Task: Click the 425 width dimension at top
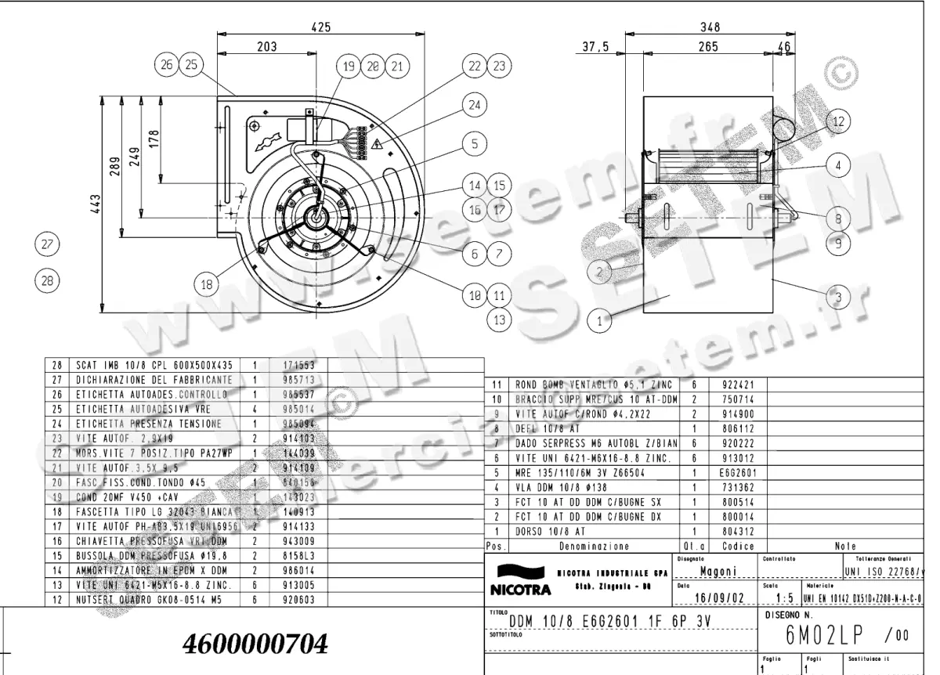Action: click(x=320, y=27)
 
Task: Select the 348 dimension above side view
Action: click(x=710, y=27)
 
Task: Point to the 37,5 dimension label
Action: click(x=596, y=47)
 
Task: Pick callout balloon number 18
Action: click(x=207, y=285)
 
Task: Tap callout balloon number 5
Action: click(x=473, y=143)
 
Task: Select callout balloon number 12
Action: click(x=838, y=121)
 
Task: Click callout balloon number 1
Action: click(x=599, y=319)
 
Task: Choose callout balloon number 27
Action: click(x=48, y=244)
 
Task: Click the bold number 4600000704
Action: click(x=255, y=644)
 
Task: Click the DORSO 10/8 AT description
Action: click(x=549, y=530)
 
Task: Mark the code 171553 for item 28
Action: click(x=287, y=366)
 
